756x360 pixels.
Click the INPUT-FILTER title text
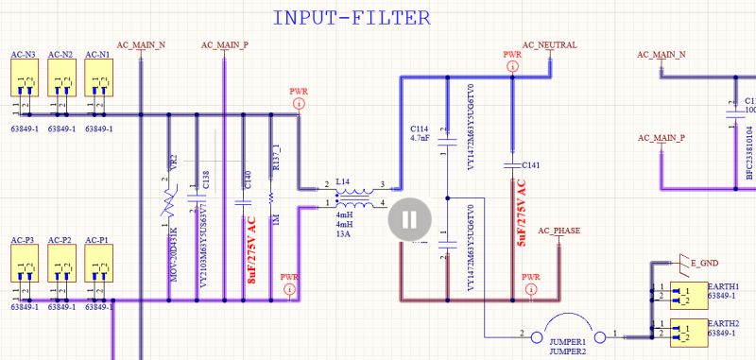click(352, 17)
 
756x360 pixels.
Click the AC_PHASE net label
click(559, 230)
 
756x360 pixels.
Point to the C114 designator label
click(420, 128)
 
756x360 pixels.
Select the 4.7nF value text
click(421, 138)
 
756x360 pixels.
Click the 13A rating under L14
click(344, 234)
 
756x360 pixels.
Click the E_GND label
click(705, 261)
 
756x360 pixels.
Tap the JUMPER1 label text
click(566, 341)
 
